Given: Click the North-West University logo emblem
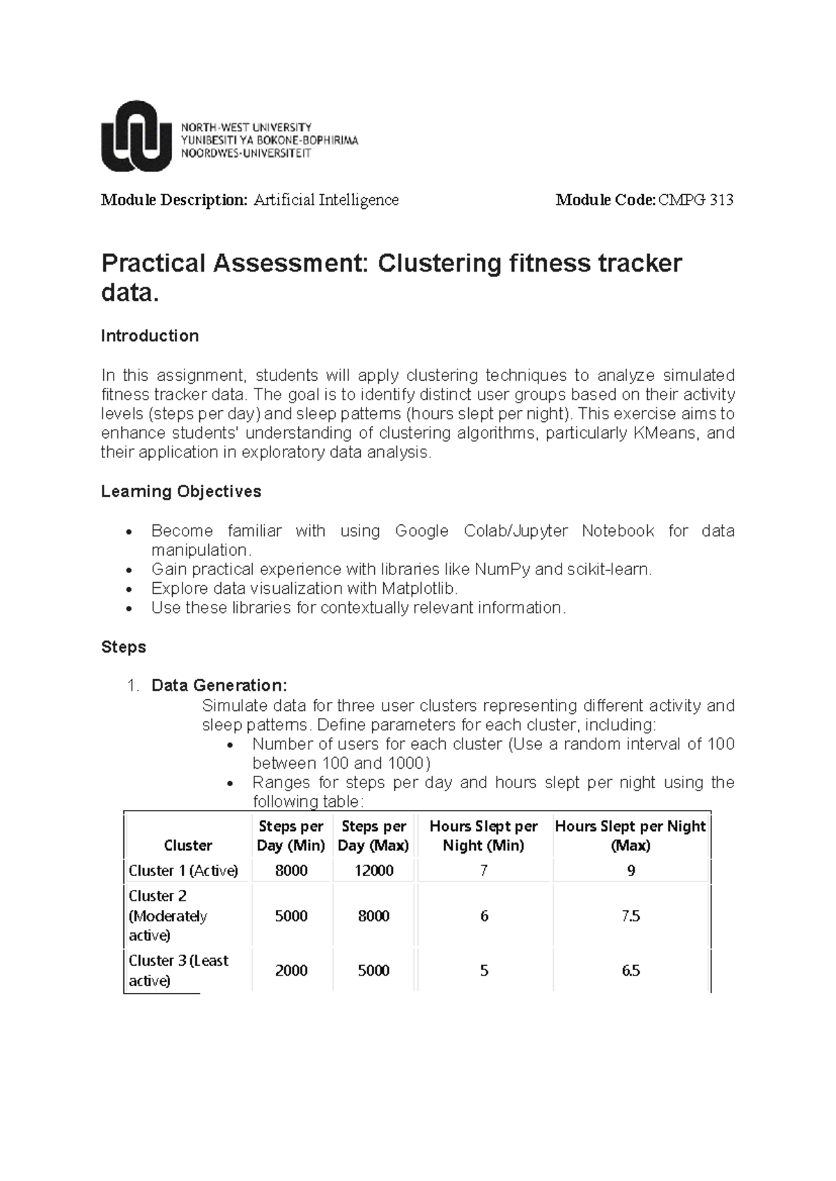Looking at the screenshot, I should point(137,136).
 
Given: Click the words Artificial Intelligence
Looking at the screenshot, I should point(325,201).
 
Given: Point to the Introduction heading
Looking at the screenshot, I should point(150,336).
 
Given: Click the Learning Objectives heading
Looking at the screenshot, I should point(181,492).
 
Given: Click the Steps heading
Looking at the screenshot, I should point(123,647).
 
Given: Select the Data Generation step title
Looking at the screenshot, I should point(219,686).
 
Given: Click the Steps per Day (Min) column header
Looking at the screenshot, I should point(291,836).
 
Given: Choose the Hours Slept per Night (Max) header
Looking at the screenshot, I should point(630,836).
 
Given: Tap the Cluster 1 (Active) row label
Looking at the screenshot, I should point(183,871).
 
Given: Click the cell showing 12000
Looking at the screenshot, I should point(374,871).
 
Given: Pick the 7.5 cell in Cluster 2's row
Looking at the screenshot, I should point(630,916).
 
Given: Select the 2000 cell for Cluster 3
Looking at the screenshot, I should point(291,971).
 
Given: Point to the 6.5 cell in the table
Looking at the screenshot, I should point(630,971).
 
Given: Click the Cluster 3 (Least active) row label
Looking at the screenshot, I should point(178,971).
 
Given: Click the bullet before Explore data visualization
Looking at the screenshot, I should point(127,589).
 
